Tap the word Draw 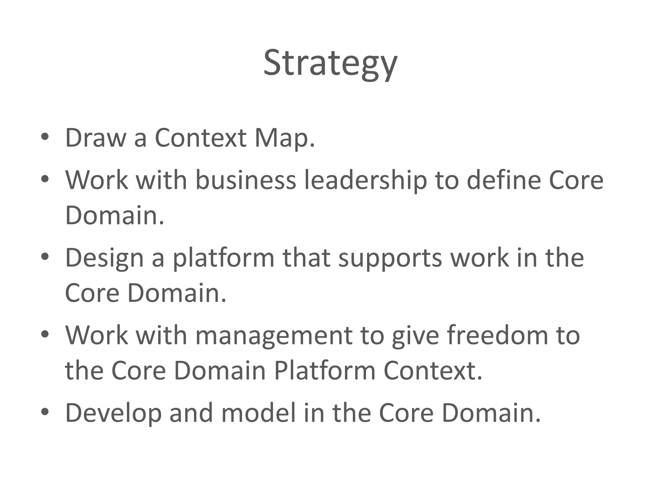pos(96,138)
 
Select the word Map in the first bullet pos(284,138)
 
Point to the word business pos(246,180)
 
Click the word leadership pos(366,180)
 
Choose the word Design pos(104,258)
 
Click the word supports pos(390,258)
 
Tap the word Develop pos(113,413)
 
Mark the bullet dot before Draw pos(45,137)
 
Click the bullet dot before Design pos(45,257)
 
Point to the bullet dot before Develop pos(45,412)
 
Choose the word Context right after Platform pos(433,370)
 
